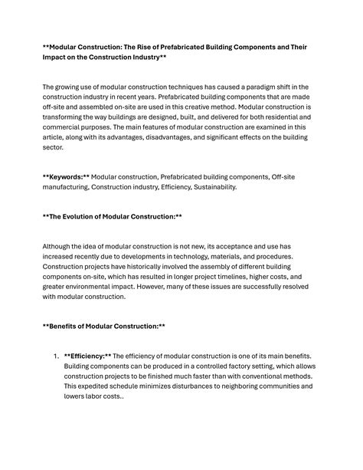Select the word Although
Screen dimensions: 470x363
58,245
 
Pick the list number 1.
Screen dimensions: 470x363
55,356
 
